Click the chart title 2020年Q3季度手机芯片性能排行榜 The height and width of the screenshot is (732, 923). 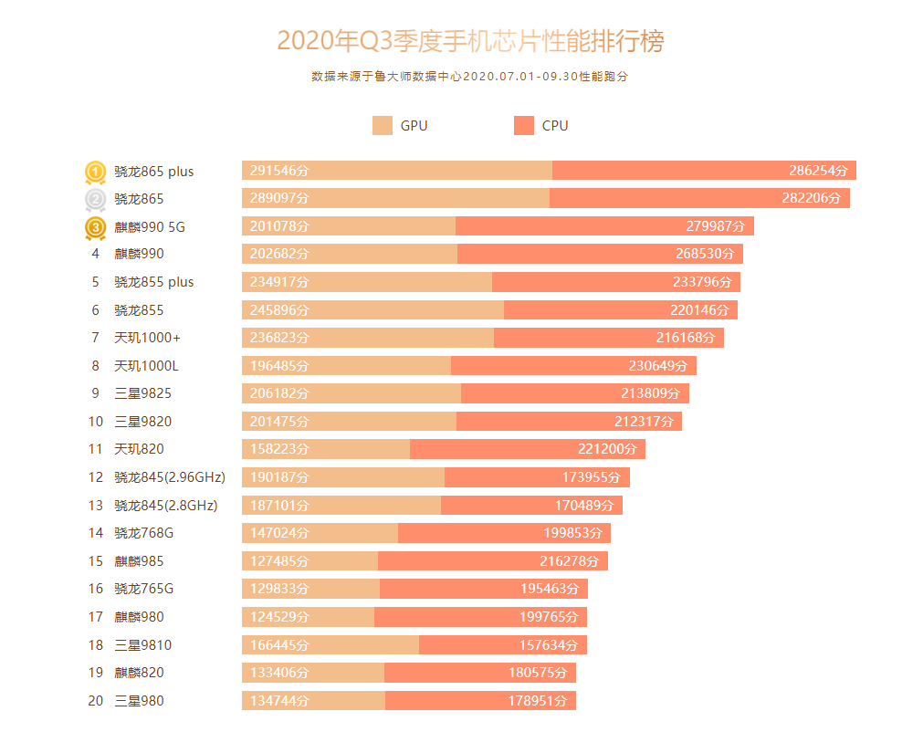470,41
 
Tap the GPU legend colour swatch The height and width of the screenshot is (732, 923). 383,126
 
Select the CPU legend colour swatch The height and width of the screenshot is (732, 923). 524,126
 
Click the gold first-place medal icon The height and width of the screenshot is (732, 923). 96,172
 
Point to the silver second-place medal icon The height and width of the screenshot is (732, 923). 96,199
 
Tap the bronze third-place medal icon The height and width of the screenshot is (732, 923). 96,227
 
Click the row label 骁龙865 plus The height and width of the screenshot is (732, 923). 153,172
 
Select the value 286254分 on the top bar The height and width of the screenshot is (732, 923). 818,171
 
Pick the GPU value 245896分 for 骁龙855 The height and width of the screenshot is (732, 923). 279,310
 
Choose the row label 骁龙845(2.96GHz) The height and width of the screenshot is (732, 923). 169,477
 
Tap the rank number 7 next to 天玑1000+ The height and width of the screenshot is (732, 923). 95,338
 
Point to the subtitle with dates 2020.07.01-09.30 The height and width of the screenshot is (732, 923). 470,77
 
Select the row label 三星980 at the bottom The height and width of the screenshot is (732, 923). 139,701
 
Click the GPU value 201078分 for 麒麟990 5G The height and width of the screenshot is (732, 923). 279,226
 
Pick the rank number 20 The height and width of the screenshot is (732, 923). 96,701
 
